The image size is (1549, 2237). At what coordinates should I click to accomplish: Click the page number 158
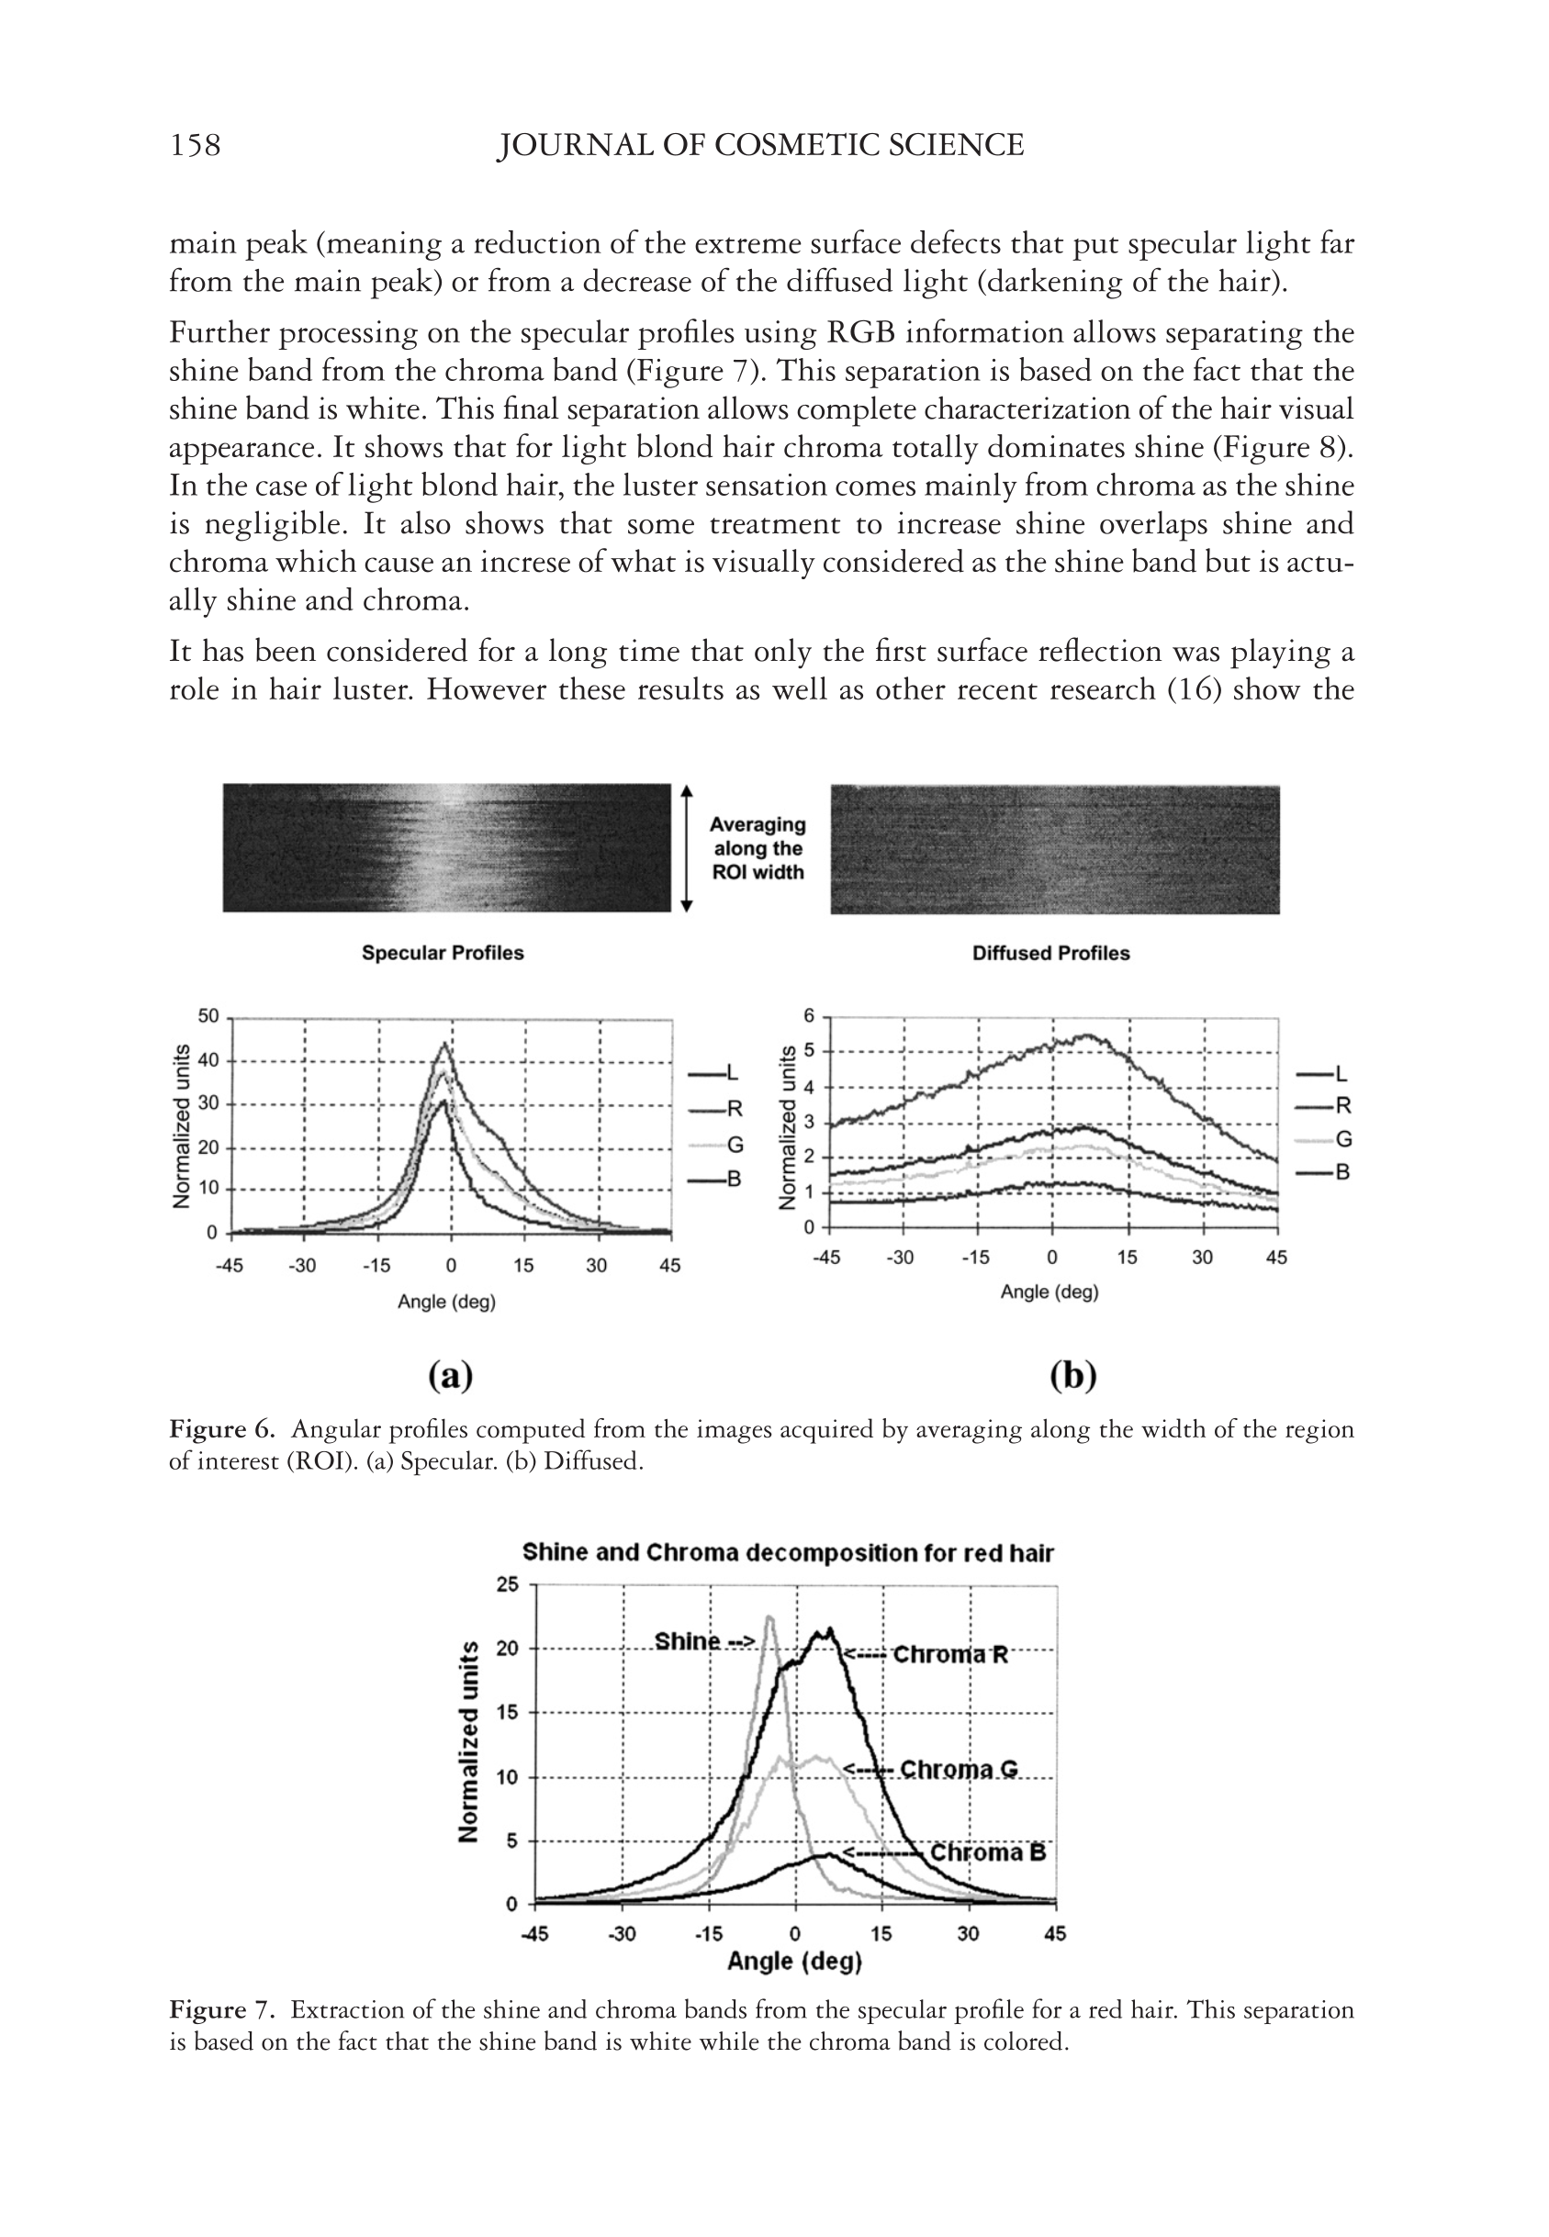point(195,146)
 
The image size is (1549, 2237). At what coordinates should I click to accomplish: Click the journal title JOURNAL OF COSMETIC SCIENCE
point(760,146)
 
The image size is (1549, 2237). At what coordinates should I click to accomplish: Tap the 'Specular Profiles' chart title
point(443,953)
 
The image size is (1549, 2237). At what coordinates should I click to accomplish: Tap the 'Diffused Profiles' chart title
point(1051,953)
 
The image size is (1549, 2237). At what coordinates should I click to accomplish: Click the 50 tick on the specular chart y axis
point(208,1015)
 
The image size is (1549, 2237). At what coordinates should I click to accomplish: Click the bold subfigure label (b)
point(1072,1376)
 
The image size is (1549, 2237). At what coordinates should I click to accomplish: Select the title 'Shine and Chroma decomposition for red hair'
point(787,1552)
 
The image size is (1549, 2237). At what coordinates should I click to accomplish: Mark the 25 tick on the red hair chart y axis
point(509,1584)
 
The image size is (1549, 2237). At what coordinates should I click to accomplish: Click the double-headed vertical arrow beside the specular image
point(687,848)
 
